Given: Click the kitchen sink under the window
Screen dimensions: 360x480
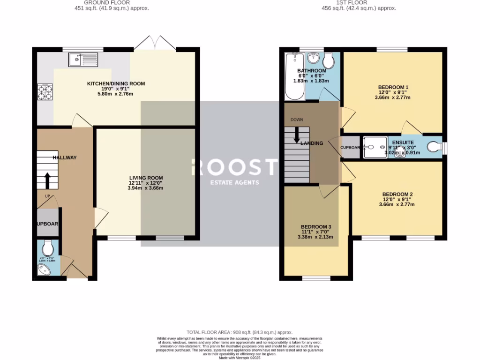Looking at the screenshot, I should coord(83,59).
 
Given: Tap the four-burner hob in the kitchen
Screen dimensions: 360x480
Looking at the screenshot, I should coord(45,92).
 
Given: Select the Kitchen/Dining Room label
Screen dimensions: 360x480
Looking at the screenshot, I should coord(116,84).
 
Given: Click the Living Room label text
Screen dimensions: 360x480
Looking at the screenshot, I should coord(146,178).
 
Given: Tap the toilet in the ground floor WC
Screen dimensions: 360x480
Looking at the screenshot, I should coord(48,247).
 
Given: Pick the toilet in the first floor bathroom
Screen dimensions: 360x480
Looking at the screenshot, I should coord(329,60).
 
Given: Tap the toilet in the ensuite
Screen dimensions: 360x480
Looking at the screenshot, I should coord(435,148).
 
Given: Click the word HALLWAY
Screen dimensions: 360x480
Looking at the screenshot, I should coord(65,157).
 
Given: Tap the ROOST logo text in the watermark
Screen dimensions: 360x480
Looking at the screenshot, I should coord(234,167).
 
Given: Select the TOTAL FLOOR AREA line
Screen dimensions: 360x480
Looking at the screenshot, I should coord(240,331).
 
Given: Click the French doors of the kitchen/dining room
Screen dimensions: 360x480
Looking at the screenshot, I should coord(155,44).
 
